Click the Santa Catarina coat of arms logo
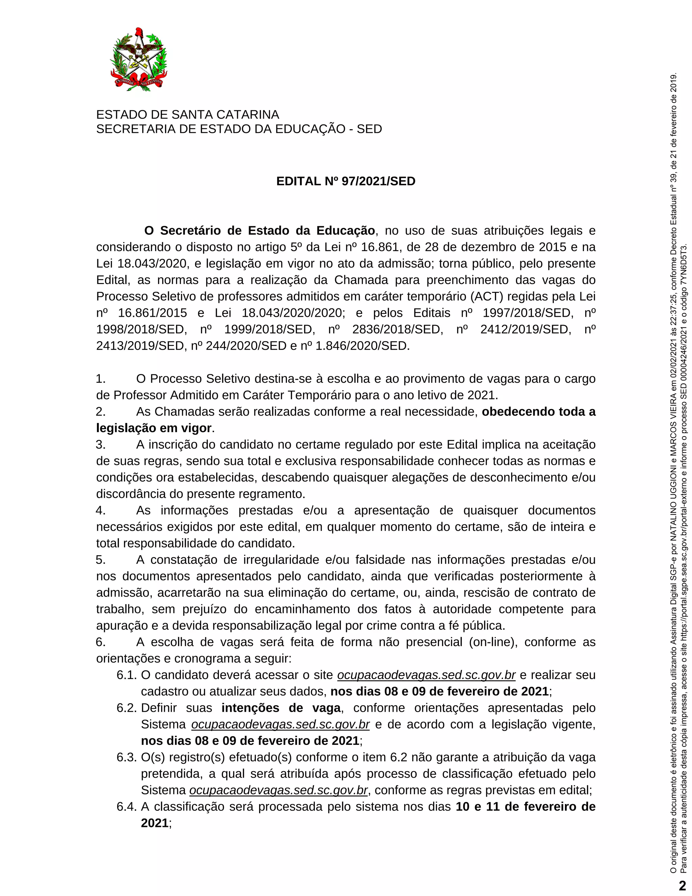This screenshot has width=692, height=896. pyautogui.click(x=139, y=60)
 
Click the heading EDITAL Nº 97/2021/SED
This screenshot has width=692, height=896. pyautogui.click(x=346, y=181)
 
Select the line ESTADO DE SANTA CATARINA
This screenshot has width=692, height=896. pyautogui.click(x=187, y=115)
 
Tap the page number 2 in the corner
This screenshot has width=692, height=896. pyautogui.click(x=682, y=885)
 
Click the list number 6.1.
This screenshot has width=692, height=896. pyautogui.click(x=126, y=675)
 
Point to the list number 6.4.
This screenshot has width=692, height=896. pyautogui.click(x=126, y=806)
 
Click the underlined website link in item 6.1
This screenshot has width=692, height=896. pyautogui.click(x=426, y=675)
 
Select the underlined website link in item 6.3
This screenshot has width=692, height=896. pyautogui.click(x=278, y=790)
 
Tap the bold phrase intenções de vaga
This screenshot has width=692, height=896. pyautogui.click(x=281, y=708)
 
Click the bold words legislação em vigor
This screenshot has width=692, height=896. pyautogui.click(x=154, y=428)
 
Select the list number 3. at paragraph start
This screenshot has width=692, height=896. pyautogui.click(x=101, y=445)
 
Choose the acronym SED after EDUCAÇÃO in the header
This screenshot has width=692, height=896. pyautogui.click(x=369, y=129)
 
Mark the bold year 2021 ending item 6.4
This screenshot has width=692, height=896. pyautogui.click(x=154, y=823)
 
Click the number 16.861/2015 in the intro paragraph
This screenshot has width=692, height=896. pyautogui.click(x=152, y=313)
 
